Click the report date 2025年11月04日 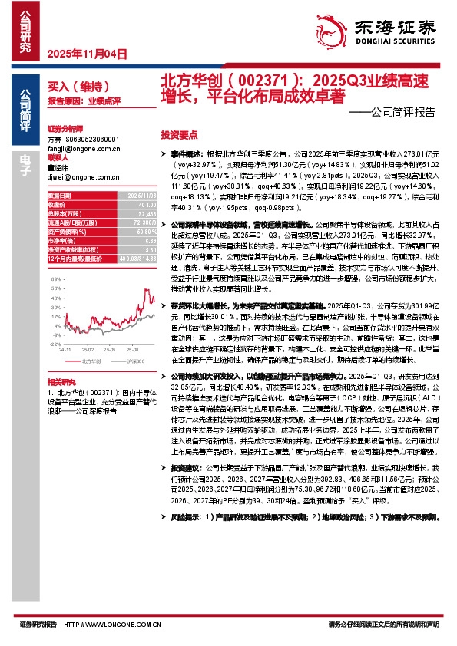[x=86, y=54]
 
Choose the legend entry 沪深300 [x=132, y=358]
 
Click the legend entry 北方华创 [x=91, y=358]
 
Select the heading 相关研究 [x=61, y=381]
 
